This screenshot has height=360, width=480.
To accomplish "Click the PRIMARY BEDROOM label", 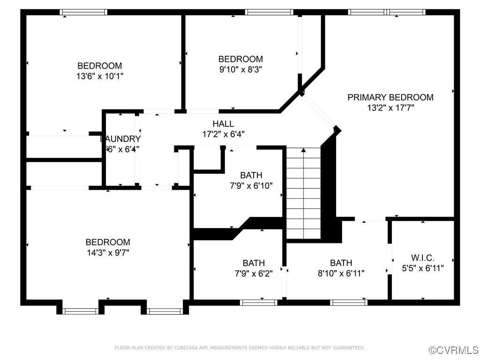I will pyautogui.click(x=390, y=97).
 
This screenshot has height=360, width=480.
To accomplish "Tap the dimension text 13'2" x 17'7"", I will pyautogui.click(x=390, y=108).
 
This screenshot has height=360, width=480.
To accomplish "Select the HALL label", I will pyautogui.click(x=223, y=124).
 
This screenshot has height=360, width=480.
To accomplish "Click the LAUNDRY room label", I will pyautogui.click(x=120, y=139).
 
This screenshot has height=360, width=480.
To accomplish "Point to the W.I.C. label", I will pyautogui.click(x=422, y=258).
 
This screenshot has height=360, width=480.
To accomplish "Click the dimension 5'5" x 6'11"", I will pyautogui.click(x=422, y=268).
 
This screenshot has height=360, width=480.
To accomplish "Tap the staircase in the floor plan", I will pyautogui.click(x=304, y=192).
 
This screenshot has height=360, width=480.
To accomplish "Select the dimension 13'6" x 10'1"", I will pyautogui.click(x=99, y=76).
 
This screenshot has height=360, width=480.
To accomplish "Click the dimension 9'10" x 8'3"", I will pyautogui.click(x=240, y=69).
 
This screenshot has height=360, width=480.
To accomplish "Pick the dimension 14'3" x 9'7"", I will pyautogui.click(x=107, y=253).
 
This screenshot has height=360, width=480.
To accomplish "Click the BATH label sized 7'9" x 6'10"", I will pyautogui.click(x=251, y=175).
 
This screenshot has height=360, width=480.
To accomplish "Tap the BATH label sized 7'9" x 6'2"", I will pyautogui.click(x=254, y=263).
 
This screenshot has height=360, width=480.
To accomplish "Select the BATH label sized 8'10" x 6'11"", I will pyautogui.click(x=341, y=263).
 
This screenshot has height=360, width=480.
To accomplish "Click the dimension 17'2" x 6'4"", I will pyautogui.click(x=223, y=134).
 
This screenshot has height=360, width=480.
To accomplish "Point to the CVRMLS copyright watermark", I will pyautogui.click(x=454, y=350).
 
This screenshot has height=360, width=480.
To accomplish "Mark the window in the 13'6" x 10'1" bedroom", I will pyautogui.click(x=83, y=12).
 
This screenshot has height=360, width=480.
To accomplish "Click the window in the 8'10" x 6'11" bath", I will pyautogui.click(x=349, y=302).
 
